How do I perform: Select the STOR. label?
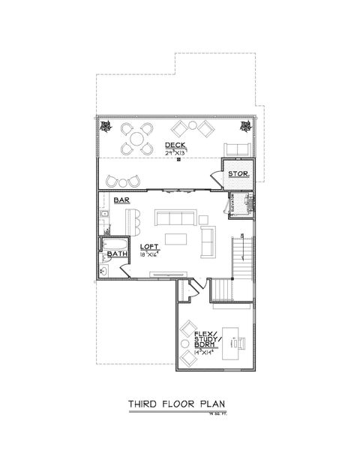coord(238,175)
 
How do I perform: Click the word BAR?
coord(122,200)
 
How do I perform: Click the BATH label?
coord(118,254)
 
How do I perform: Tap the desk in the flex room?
coord(233,339)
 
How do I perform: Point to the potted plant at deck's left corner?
coord(106,125)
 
